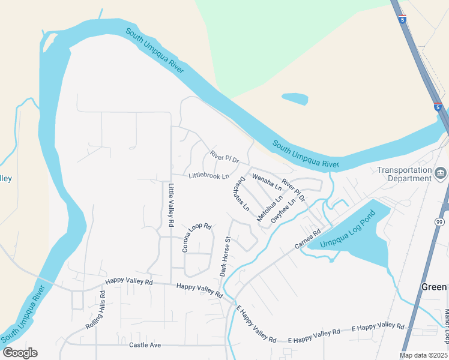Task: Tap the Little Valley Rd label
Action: coord(171,205)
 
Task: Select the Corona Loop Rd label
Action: coord(197,238)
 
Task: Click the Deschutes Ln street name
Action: coord(242,194)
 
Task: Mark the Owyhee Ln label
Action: coord(283,212)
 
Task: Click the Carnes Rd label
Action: coord(309,238)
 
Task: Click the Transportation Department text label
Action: coord(404,174)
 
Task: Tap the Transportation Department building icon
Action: coord(441,174)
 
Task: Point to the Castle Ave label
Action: coord(145,345)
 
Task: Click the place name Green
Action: coord(433,287)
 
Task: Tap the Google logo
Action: coord(20,352)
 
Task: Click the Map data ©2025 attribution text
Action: coord(424,356)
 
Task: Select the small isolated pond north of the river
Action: coord(295,98)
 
